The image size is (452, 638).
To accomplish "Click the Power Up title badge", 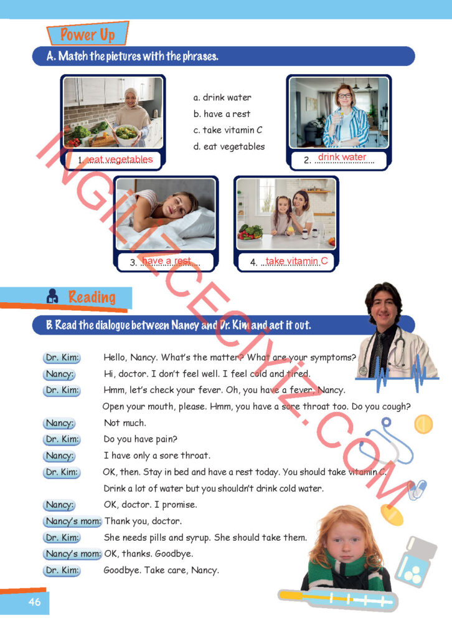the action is click(x=88, y=34).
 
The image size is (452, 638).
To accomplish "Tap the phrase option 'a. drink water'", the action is click(x=222, y=98).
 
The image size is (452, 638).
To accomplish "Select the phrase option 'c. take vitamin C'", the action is click(x=228, y=130).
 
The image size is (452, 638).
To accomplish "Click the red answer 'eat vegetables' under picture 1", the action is click(x=121, y=159).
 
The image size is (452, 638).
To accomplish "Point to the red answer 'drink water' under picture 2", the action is click(x=342, y=157).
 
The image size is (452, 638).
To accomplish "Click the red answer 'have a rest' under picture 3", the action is click(x=166, y=260).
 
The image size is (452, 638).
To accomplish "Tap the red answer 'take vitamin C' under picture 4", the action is click(x=296, y=261).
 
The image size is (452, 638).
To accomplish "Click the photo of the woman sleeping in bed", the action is click(x=166, y=214).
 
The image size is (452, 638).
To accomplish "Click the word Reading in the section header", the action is click(x=92, y=297).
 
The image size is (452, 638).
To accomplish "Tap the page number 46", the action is click(x=34, y=602).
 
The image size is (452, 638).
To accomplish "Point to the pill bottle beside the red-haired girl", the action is click(x=415, y=561).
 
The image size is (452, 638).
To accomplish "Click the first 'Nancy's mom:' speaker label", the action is click(x=72, y=521).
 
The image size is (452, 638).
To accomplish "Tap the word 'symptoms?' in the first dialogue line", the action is click(x=333, y=358).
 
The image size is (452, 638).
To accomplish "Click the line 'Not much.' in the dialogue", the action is click(x=125, y=423).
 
